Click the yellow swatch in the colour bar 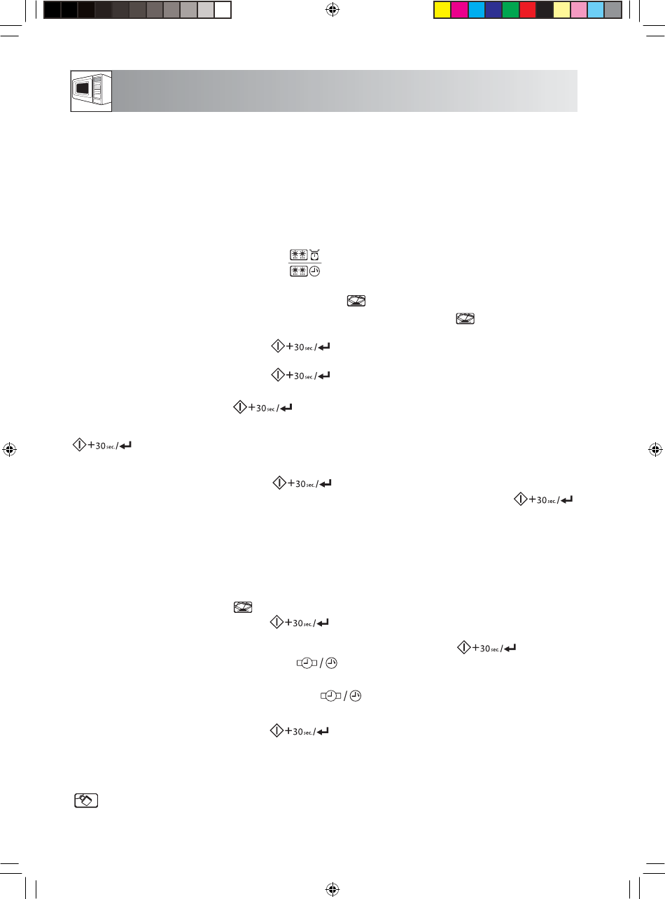[x=442, y=10]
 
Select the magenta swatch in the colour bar [x=459, y=10]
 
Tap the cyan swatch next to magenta [x=476, y=10]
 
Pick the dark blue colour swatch [x=493, y=10]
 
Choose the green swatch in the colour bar [x=510, y=10]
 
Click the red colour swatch [x=528, y=10]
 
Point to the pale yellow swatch [x=562, y=10]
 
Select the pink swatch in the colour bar [x=579, y=10]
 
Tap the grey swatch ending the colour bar [x=613, y=10]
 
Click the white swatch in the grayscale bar [x=223, y=10]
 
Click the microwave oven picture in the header [x=91, y=91]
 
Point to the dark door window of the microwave [x=83, y=87]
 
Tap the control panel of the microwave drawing [x=97, y=89]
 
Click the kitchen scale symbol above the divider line [x=315, y=255]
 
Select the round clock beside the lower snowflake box [x=315, y=271]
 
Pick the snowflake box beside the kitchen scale [x=299, y=255]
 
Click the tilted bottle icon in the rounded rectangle [x=86, y=800]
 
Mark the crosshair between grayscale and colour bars [x=332, y=10]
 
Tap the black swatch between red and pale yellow [x=545, y=10]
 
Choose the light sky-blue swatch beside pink [x=596, y=10]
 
